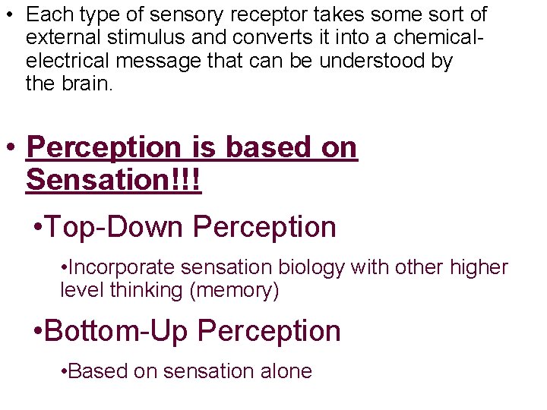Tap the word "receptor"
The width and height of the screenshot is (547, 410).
point(261,14)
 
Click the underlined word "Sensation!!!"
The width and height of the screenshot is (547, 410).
point(114,180)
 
